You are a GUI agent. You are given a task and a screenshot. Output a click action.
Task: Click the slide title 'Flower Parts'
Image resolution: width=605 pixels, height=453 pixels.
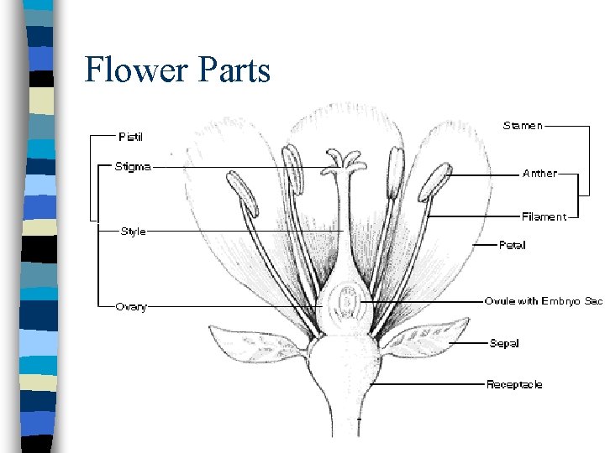177,70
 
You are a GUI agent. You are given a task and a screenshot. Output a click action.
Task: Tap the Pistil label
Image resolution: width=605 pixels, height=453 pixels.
130,135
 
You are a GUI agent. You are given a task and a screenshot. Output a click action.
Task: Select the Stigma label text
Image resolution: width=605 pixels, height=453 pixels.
133,166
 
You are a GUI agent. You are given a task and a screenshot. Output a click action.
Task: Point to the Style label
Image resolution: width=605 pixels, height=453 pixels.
133,231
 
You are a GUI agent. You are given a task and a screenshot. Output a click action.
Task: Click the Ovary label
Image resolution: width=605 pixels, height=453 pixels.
131,306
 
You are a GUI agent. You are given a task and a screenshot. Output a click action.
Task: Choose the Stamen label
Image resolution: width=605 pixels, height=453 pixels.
523,126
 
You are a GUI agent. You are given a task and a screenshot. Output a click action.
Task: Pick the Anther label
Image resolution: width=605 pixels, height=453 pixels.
539,174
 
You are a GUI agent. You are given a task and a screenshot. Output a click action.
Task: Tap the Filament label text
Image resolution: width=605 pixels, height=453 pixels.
544,216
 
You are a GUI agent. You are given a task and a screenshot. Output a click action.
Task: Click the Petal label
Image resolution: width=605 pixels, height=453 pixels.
513,245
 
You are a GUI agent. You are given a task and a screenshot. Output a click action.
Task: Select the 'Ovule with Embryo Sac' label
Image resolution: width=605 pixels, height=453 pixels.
544,300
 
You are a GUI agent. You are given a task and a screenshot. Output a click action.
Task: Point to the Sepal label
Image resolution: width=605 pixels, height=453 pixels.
504,342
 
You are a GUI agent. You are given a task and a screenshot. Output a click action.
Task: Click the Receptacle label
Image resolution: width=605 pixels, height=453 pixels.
514,384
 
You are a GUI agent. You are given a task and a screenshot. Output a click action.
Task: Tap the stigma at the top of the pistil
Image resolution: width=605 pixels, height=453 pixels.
345,162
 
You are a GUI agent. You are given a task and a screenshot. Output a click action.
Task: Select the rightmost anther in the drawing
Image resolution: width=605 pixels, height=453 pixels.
435,180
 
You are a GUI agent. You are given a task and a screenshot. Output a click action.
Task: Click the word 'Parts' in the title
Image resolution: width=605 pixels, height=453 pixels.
234,70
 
